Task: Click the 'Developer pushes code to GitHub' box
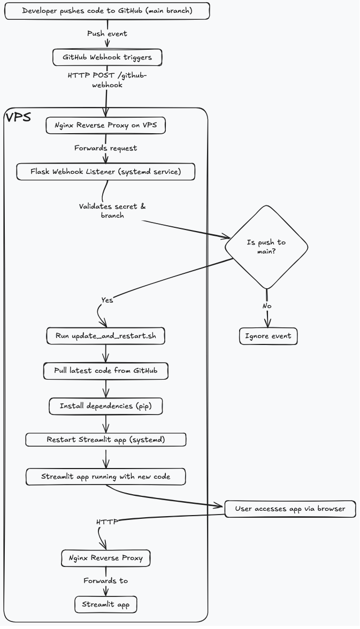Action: point(107,11)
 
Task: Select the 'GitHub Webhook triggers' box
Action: point(107,57)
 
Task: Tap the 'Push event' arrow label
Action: point(107,34)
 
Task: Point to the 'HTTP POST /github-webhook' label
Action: point(107,80)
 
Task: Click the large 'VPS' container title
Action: point(18,117)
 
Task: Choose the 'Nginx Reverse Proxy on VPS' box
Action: point(105,126)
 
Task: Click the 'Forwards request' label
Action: point(105,148)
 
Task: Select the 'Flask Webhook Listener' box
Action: point(105,172)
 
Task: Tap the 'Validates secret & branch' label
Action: point(112,210)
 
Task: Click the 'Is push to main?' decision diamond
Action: point(266,247)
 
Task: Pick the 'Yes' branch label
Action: point(107,300)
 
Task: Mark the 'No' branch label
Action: point(266,305)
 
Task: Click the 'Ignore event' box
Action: point(268,336)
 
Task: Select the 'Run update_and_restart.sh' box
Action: point(105,336)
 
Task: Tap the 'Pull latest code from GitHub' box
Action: point(106,371)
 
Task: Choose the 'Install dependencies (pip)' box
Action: point(105,406)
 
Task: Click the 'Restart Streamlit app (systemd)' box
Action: point(106,440)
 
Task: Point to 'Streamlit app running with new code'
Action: point(106,476)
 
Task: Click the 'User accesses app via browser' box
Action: point(289,509)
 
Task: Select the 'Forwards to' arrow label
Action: point(105,580)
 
